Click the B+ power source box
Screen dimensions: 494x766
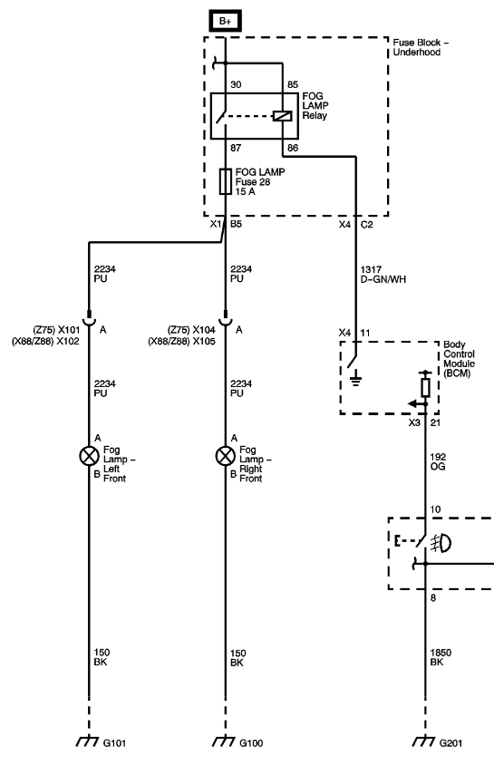[226, 21]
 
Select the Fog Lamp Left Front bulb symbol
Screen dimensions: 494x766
[89, 456]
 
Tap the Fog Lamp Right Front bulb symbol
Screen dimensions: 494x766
[226, 456]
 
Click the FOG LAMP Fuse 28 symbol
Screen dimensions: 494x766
[226, 181]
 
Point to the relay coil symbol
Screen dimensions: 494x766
[283, 116]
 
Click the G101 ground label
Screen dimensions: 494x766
[115, 743]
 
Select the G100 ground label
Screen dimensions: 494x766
[251, 743]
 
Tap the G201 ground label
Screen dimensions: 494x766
[450, 743]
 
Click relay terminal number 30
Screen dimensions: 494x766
[236, 84]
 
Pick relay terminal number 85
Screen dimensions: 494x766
[292, 84]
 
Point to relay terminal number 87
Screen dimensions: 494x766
[236, 148]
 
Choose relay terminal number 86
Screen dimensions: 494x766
[293, 148]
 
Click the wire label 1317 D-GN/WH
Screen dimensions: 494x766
[383, 274]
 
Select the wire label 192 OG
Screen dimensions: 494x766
[438, 461]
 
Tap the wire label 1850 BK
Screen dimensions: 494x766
[441, 657]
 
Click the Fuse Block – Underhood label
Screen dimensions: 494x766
[421, 47]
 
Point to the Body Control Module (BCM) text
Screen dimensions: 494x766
[459, 359]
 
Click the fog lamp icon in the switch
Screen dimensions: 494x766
[441, 543]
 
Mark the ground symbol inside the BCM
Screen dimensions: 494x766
[356, 378]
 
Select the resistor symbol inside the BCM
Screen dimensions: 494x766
[425, 387]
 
